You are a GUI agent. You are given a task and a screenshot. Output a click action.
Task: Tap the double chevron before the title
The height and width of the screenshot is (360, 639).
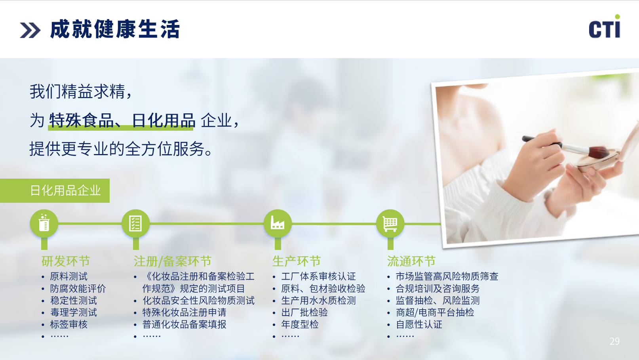[x=30, y=30]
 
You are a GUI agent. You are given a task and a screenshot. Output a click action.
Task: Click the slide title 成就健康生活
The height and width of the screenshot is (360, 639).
[x=115, y=29]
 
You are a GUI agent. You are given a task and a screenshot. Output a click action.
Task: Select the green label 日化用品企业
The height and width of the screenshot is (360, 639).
[x=66, y=190]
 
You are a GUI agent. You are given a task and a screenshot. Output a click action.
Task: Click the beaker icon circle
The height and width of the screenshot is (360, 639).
[x=44, y=223]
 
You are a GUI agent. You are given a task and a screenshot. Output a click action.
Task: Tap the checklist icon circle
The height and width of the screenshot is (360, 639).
[x=135, y=223]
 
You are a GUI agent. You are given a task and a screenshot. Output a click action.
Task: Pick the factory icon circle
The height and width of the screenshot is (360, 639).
[x=278, y=223]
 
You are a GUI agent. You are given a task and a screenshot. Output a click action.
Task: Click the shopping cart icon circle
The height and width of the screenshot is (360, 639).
[x=390, y=223]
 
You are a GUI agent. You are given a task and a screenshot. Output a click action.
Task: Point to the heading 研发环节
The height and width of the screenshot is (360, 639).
[x=66, y=261]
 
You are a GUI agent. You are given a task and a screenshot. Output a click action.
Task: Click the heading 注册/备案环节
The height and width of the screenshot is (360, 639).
[x=173, y=261]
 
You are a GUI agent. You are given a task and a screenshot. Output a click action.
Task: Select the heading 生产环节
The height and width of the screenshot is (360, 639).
[x=297, y=261]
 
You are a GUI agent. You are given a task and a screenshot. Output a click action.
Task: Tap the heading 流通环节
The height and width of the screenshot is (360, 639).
[x=411, y=261]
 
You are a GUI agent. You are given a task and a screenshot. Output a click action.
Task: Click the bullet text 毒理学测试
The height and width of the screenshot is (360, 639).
[x=74, y=312]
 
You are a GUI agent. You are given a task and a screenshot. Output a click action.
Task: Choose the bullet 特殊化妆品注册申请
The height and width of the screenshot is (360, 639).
[x=184, y=312]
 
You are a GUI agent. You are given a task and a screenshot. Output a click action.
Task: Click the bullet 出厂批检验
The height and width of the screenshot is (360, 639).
[x=304, y=312]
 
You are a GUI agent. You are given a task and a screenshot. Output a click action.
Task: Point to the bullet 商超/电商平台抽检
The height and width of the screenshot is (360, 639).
[x=435, y=312]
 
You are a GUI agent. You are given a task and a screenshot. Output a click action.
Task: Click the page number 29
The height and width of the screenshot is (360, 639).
[x=614, y=341]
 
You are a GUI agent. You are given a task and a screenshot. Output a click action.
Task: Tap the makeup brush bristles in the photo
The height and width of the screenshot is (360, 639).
[x=599, y=152]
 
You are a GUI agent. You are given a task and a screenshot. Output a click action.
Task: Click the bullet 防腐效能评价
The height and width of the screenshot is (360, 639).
[x=78, y=288]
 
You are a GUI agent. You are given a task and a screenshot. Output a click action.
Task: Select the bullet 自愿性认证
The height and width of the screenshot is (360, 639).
[x=419, y=324]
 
